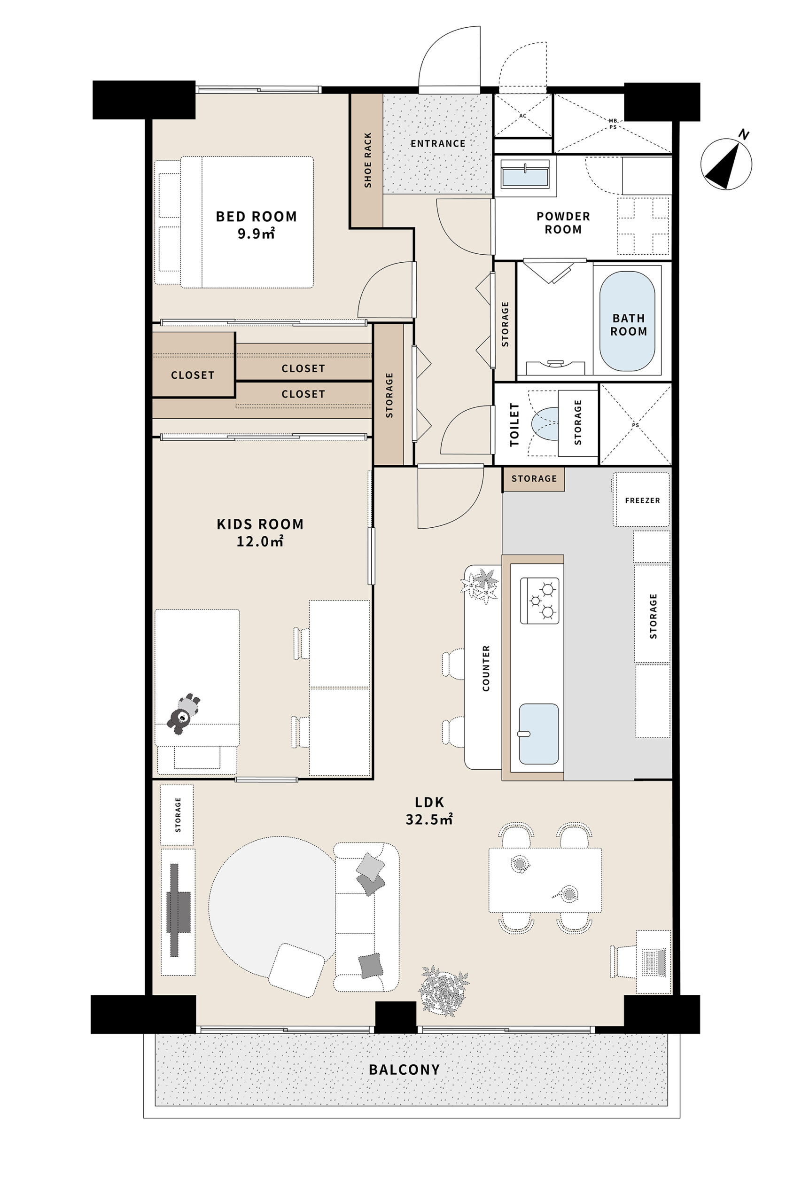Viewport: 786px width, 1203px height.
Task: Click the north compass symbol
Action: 726,163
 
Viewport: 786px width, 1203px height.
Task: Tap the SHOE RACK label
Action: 367,160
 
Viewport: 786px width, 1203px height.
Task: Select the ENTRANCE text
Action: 438,143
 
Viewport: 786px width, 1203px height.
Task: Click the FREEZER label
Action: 642,500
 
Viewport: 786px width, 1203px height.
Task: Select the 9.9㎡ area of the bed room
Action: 256,234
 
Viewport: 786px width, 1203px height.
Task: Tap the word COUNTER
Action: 486,668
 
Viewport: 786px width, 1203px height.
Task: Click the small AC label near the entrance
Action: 522,116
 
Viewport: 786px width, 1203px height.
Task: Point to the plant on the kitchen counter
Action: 480,586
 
